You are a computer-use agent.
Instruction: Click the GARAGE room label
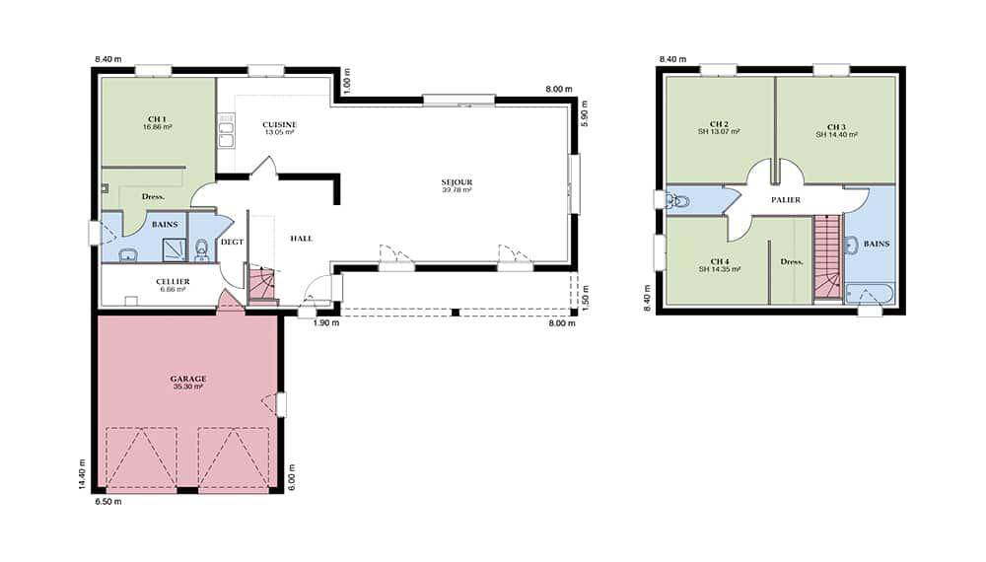(x=188, y=379)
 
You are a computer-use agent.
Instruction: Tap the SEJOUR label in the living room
(x=457, y=182)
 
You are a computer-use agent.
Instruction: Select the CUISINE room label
(x=280, y=125)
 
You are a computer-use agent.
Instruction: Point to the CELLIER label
(x=173, y=282)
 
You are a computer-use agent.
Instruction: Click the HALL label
(x=301, y=239)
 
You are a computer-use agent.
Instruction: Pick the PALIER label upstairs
(x=786, y=200)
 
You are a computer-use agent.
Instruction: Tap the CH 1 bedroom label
(x=157, y=119)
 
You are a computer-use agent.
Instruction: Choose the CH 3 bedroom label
(x=836, y=127)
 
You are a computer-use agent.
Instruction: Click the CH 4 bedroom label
(x=720, y=261)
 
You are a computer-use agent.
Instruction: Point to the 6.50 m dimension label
(x=108, y=502)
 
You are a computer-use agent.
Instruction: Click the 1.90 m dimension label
(x=326, y=323)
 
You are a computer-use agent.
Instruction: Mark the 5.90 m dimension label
(x=584, y=114)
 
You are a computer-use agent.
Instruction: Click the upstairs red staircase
(x=827, y=256)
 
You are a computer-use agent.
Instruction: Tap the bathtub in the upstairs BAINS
(x=869, y=294)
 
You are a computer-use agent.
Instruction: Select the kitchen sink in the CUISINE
(x=226, y=131)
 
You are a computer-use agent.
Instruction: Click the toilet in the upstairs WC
(x=678, y=202)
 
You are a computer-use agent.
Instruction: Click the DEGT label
(x=232, y=242)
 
